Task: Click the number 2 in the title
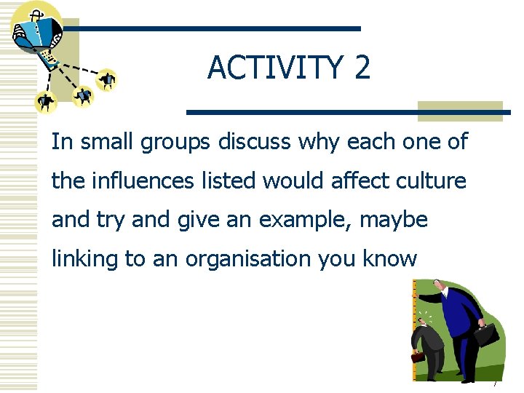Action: coord(362,68)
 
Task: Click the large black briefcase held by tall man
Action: coord(487,334)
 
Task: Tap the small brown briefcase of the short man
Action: coord(418,357)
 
